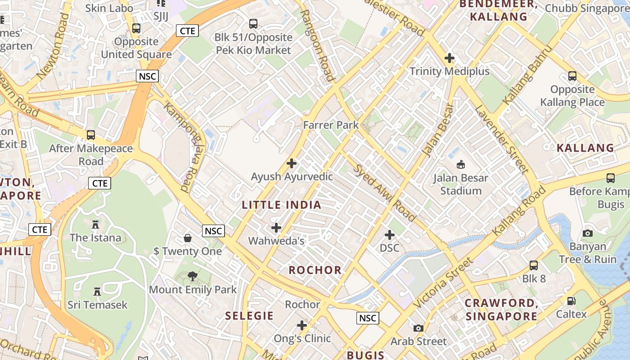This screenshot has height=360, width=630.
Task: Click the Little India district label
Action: click(x=282, y=205)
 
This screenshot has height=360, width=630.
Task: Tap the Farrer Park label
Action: click(x=331, y=125)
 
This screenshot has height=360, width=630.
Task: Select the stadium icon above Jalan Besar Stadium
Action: click(x=460, y=165)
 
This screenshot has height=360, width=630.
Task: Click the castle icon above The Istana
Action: click(x=95, y=225)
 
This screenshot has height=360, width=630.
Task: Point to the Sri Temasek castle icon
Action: click(x=97, y=292)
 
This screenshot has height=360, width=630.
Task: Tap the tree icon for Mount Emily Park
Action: click(x=193, y=276)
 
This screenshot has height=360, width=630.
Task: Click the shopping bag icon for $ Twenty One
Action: click(x=188, y=238)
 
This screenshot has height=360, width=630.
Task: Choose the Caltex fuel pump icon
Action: click(x=571, y=301)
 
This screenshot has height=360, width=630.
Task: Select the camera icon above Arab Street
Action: click(x=418, y=328)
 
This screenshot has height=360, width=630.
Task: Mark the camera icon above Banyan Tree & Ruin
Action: click(x=587, y=233)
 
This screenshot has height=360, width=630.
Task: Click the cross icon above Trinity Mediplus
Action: click(x=449, y=58)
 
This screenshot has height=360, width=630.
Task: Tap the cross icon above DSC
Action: click(x=390, y=235)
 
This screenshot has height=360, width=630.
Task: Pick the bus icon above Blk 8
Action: click(x=534, y=265)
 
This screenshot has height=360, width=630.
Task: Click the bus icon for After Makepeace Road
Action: click(x=91, y=135)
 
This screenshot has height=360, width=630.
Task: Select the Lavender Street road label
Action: click(x=501, y=139)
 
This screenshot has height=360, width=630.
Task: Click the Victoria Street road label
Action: click(x=443, y=283)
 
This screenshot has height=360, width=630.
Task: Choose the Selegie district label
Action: click(x=249, y=316)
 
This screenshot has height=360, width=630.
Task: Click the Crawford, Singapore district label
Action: click(x=501, y=310)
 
